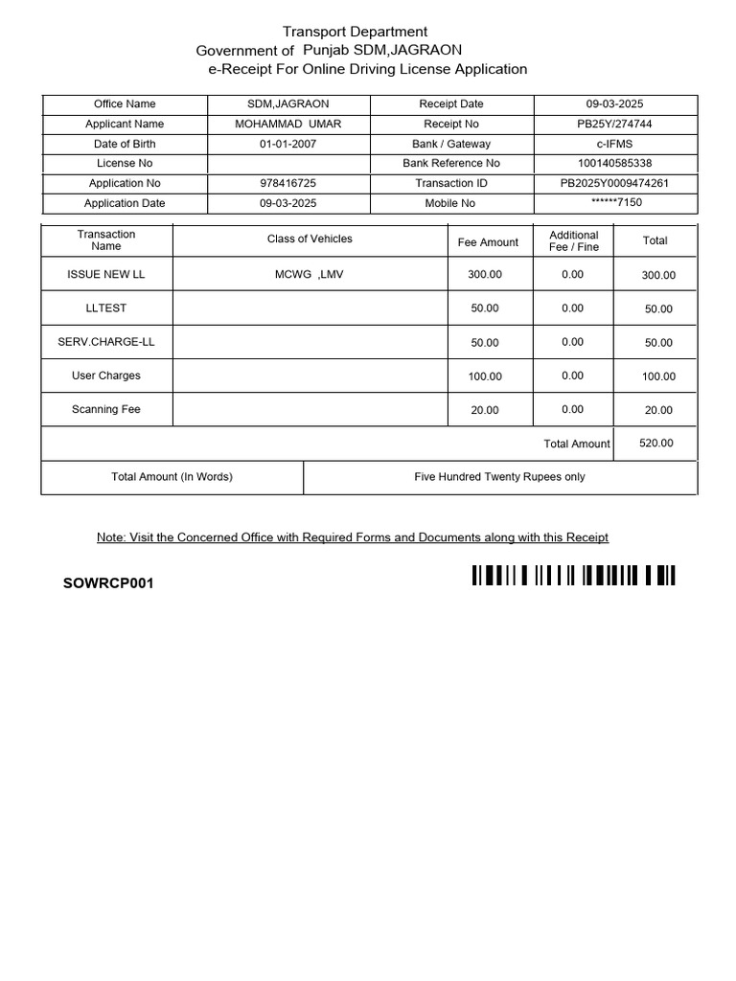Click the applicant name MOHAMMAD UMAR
[287, 124]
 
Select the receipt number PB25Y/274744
[614, 124]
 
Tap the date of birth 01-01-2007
[287, 144]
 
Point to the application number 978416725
[287, 183]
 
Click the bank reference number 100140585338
[614, 163]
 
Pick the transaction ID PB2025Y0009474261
[614, 183]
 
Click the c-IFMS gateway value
[614, 144]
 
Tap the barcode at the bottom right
[573, 576]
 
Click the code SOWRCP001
[108, 582]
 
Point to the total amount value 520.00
[655, 444]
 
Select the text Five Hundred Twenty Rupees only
[499, 476]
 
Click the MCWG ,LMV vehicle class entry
[310, 275]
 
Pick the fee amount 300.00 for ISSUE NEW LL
[485, 275]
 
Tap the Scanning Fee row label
[106, 409]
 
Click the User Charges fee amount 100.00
[485, 376]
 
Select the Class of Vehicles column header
[310, 240]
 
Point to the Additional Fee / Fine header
[573, 240]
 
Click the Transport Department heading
[355, 32]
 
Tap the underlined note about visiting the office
[353, 537]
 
